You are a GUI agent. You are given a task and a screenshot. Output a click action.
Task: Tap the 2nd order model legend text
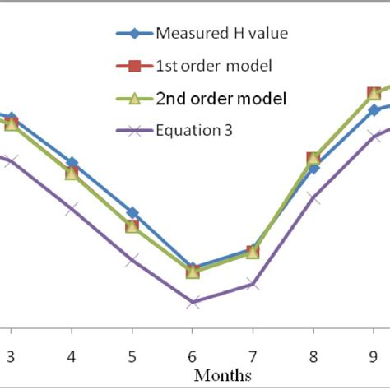tap(221, 98)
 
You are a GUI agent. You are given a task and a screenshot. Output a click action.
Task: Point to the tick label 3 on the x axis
tap(11, 358)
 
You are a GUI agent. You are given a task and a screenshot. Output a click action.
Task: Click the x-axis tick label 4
tap(72, 358)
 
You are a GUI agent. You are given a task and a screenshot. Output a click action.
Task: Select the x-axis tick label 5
tap(132, 358)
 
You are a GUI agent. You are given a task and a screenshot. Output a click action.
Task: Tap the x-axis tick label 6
tap(192, 358)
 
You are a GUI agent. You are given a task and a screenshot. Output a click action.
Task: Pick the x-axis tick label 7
tap(253, 358)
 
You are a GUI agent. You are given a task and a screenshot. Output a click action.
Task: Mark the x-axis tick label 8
tap(313, 358)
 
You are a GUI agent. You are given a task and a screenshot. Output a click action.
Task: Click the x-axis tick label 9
tap(373, 358)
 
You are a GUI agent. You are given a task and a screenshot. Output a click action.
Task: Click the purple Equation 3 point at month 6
tap(192, 303)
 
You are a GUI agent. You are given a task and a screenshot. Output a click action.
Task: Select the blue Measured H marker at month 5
tap(132, 212)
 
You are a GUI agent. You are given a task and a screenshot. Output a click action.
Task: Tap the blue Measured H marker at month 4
tap(72, 163)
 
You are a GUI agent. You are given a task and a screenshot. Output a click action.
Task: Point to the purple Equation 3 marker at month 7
tap(253, 284)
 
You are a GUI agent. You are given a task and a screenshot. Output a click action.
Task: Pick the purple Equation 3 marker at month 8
tap(313, 197)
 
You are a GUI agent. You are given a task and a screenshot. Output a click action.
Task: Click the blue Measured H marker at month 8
tap(313, 168)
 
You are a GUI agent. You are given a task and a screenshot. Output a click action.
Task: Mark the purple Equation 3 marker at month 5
tap(132, 260)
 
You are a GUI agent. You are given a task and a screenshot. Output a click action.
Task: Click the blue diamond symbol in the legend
tap(135, 35)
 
